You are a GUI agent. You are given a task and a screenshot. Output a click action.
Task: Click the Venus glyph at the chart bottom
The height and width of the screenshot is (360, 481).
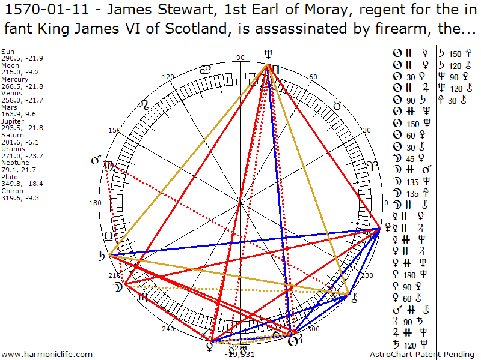click(x=210, y=345)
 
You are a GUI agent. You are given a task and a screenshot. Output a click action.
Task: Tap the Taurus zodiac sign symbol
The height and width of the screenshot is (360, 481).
click(x=337, y=106)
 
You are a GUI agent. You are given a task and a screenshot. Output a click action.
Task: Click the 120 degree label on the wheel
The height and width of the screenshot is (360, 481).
click(x=168, y=77)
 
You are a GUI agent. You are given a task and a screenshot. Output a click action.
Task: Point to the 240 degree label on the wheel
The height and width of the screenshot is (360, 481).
click(x=168, y=328)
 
